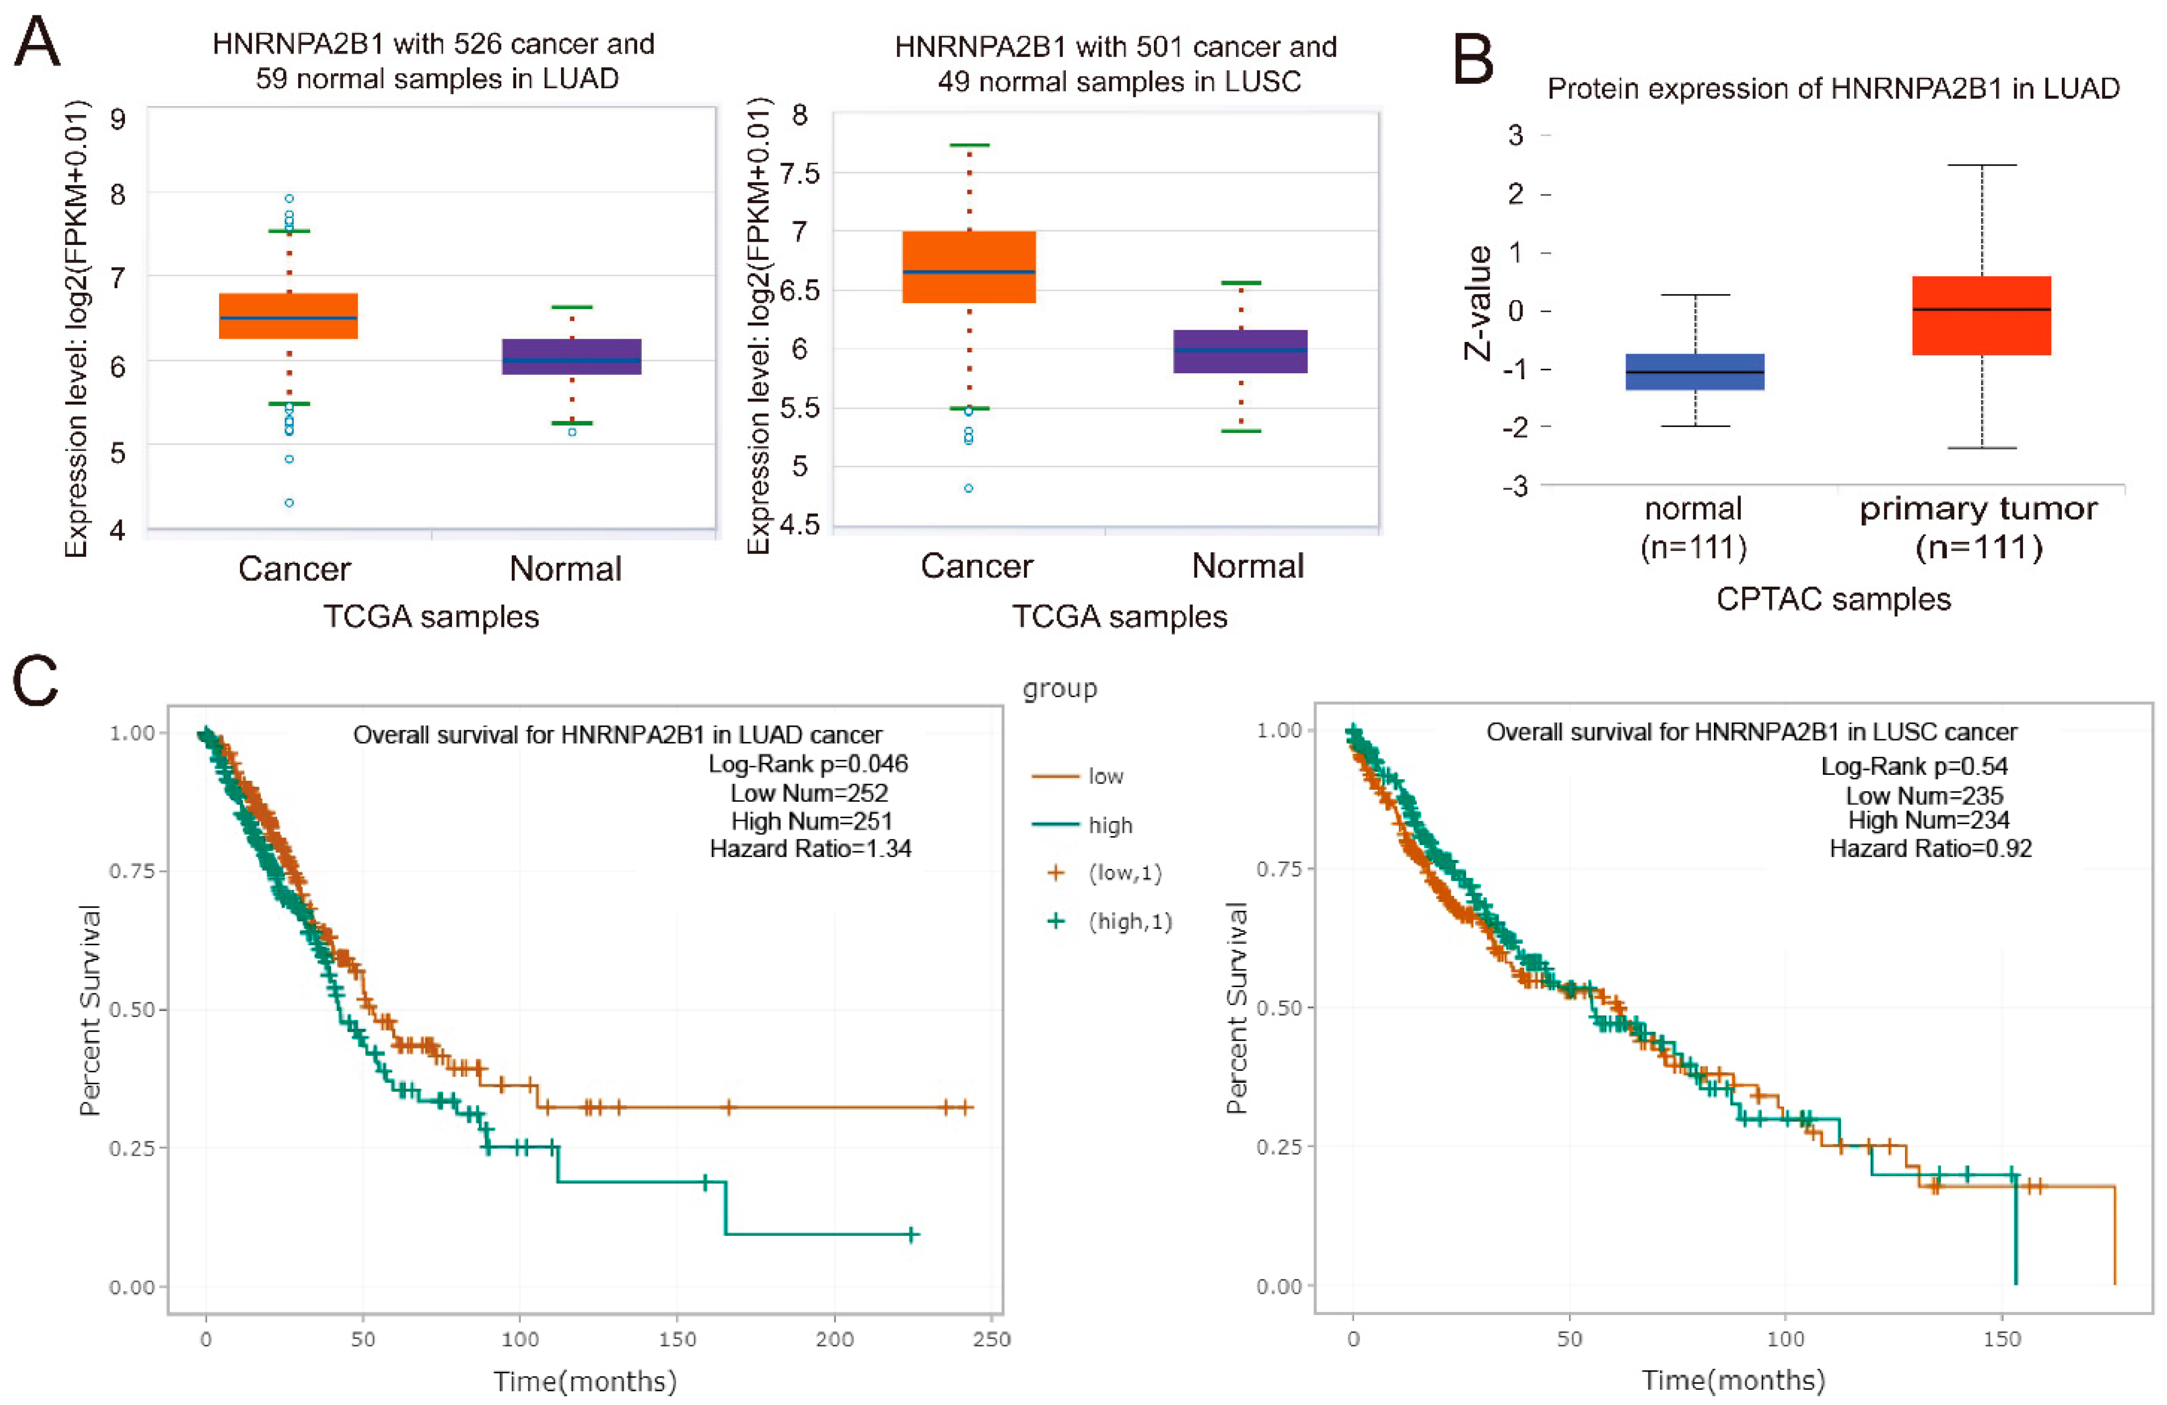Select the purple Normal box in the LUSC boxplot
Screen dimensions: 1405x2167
(1239, 351)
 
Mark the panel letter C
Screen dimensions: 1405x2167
(36, 682)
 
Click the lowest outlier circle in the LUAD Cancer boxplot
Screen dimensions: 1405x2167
(289, 502)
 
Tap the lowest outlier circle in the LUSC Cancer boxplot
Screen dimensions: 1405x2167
(969, 488)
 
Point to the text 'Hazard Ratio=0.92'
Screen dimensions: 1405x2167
(1930, 849)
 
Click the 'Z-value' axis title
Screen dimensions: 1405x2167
(1477, 303)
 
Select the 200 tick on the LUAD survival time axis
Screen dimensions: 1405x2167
(834, 1339)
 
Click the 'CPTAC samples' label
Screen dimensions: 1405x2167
(1833, 599)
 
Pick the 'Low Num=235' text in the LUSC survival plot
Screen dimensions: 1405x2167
(1924, 795)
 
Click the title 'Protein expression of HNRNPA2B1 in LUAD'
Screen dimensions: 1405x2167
(1833, 88)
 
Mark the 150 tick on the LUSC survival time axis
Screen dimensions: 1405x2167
(2002, 1339)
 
